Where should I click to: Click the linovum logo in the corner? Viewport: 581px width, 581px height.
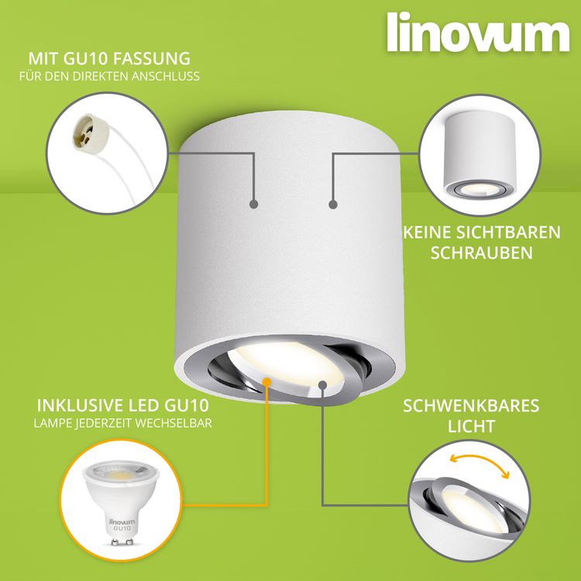coord(478,33)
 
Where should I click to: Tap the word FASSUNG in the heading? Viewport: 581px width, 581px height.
coord(151,59)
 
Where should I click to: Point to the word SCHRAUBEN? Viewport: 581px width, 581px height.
coord(481,253)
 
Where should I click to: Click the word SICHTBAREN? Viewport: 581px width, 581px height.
coord(507,232)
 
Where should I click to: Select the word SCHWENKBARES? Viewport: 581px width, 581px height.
coord(471,406)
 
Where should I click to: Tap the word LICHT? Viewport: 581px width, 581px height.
coord(471,426)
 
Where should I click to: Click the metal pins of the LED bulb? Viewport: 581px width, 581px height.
coord(122,542)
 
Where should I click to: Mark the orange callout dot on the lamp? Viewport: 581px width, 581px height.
coord(266,382)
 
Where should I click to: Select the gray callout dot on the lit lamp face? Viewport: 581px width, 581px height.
coord(322,385)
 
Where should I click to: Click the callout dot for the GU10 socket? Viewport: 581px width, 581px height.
coord(254,204)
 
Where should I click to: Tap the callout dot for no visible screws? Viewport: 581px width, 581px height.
coord(333,205)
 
